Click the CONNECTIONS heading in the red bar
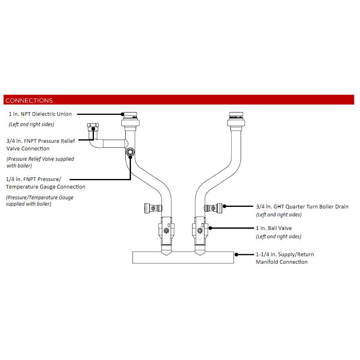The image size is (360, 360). click(x=29, y=100)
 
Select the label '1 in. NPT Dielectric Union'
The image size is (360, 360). click(x=40, y=114)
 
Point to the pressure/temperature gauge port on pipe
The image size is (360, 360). click(x=130, y=152)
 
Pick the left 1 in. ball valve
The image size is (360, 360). click(x=167, y=230)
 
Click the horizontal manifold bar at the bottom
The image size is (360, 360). click(x=183, y=257)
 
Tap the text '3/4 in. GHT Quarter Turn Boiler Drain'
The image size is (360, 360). click(x=302, y=206)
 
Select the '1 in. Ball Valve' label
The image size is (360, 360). click(x=274, y=228)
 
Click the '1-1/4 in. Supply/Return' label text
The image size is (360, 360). click(x=285, y=254)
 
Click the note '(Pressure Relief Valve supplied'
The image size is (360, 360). click(x=40, y=159)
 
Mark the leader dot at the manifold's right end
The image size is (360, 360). click(x=236, y=254)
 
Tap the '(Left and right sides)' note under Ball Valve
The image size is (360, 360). click(x=278, y=237)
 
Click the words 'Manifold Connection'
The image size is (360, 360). click(x=282, y=262)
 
